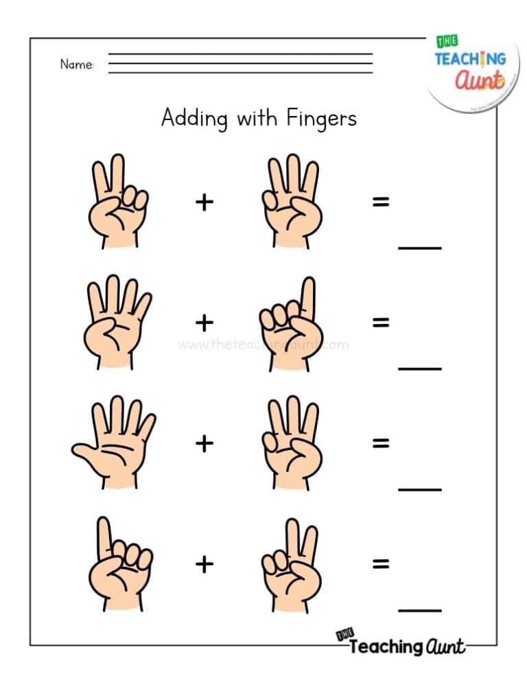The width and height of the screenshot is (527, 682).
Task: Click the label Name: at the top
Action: pos(77,64)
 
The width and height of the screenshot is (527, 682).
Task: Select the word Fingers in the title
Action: pos(322,118)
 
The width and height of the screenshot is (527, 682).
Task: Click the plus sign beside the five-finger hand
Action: pos(204,443)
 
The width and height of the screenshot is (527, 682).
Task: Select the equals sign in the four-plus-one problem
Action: pos(380,322)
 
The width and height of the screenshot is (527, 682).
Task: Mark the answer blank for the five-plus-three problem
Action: pos(420,489)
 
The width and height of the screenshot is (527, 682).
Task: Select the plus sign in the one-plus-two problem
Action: pos(204,564)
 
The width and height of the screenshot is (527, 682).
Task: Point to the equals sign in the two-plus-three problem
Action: pos(380,202)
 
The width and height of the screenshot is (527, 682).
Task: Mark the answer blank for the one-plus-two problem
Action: pos(420,609)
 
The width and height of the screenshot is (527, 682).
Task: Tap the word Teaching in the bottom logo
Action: pos(384,646)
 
